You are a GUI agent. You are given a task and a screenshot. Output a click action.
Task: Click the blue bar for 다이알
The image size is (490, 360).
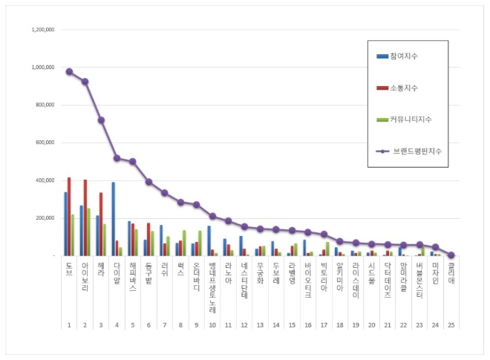[113, 219]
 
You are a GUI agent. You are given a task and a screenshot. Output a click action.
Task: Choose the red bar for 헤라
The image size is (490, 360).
[101, 224]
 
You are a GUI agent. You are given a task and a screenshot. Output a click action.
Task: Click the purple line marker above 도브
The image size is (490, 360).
[69, 71]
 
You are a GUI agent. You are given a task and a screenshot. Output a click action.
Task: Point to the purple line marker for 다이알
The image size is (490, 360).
[117, 158]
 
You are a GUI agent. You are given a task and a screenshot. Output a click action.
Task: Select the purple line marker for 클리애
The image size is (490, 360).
[451, 255]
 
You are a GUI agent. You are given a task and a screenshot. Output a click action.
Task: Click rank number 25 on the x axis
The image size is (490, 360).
[451, 325]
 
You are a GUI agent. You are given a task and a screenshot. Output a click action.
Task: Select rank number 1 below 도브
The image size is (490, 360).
[68, 325]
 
